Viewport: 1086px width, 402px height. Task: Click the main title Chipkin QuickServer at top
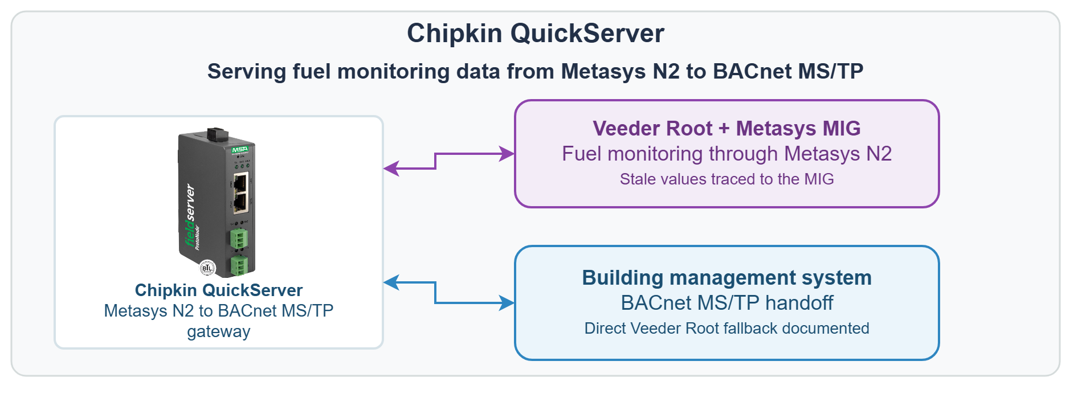click(x=535, y=33)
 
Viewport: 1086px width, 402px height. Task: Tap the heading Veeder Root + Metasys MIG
click(x=726, y=129)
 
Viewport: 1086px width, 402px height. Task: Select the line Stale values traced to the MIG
click(x=726, y=179)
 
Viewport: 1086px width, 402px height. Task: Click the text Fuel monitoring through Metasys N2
click(x=726, y=154)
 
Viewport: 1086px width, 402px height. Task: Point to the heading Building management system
click(x=726, y=278)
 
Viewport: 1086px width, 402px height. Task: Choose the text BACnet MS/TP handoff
click(x=726, y=303)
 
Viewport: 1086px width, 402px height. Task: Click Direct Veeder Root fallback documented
click(x=726, y=329)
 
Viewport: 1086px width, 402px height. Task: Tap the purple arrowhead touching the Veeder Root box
click(x=507, y=154)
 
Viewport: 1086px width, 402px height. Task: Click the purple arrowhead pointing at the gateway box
click(x=391, y=169)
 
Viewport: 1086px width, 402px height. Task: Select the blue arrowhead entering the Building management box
click(x=507, y=303)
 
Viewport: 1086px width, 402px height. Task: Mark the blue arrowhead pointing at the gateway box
click(x=391, y=282)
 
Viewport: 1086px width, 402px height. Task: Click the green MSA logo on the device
click(x=240, y=150)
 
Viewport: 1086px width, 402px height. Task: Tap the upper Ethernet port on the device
click(x=240, y=182)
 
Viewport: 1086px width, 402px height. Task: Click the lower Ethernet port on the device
click(x=240, y=201)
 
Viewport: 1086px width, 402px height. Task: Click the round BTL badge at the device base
click(x=207, y=268)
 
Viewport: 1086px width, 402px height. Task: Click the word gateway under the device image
click(x=218, y=332)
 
